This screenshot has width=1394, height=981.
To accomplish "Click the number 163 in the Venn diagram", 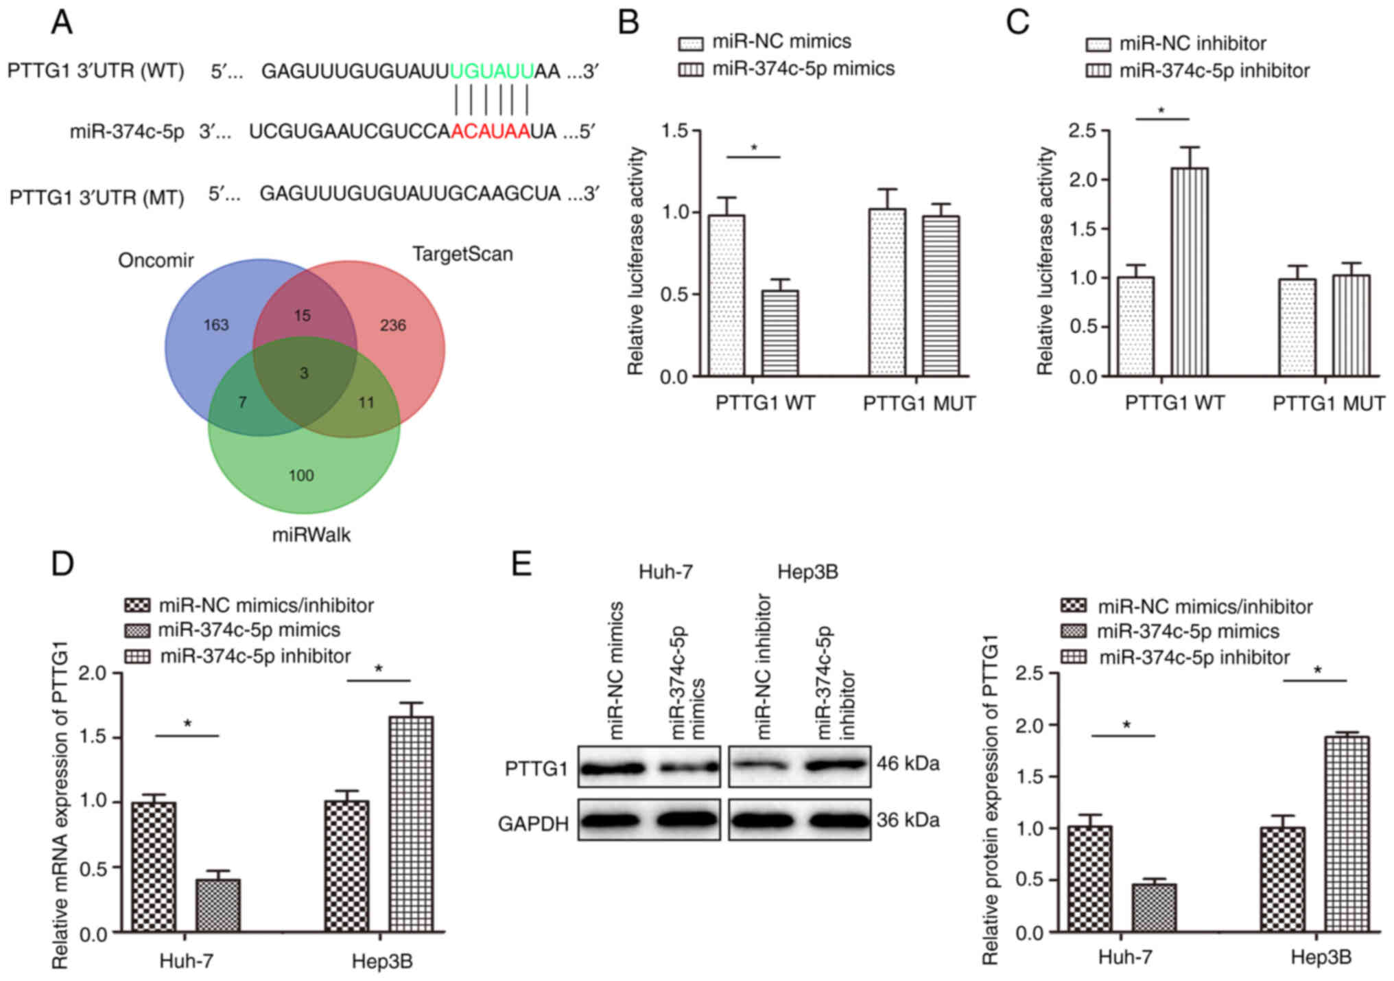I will coord(215,325).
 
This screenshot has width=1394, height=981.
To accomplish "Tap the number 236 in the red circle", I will coord(393,325).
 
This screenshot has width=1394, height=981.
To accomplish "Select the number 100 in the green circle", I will coord(301,475).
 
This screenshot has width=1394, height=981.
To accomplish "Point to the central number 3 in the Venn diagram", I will coord(304,373).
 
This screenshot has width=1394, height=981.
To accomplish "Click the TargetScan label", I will coord(462,254).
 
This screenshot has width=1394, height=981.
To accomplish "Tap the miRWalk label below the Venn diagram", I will coord(311,535).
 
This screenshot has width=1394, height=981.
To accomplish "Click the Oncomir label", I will coord(156,260).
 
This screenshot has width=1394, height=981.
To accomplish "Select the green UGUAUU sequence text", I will coord(492,71).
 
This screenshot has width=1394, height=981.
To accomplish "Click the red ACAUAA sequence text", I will coord(491,130).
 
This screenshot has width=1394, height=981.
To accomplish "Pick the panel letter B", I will coord(628,22).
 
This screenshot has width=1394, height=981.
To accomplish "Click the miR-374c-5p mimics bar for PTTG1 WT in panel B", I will coord(779,333).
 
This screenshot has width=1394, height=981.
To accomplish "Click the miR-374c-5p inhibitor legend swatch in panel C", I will coord(1098,71).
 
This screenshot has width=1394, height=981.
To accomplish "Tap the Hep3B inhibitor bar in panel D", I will coord(411,824).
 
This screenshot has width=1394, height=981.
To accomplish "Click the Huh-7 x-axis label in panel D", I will coord(187,960).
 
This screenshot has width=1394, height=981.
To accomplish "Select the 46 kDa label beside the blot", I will coord(908,763).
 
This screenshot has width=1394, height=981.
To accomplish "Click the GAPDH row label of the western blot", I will coord(533,823).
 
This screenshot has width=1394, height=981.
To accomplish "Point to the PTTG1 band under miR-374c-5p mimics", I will coord(688,768).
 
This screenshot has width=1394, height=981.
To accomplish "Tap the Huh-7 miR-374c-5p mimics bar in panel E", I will coord(1153,908).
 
